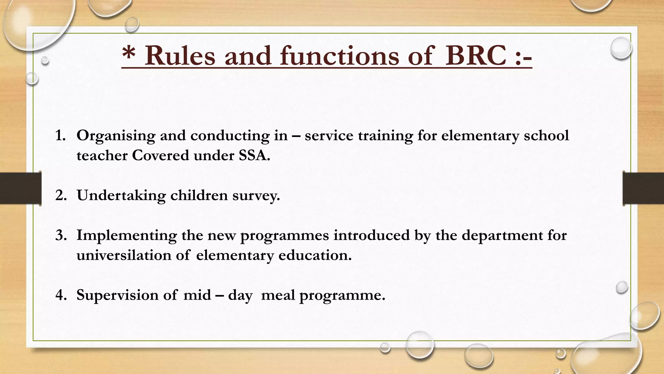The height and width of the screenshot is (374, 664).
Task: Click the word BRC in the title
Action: coord(475,56)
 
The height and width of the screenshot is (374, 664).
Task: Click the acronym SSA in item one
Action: coord(254,156)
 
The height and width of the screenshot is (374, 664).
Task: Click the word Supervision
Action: coord(117,295)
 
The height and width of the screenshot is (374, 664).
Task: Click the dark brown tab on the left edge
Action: coord(20,188)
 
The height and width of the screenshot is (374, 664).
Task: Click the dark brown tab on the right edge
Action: coord(643,188)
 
